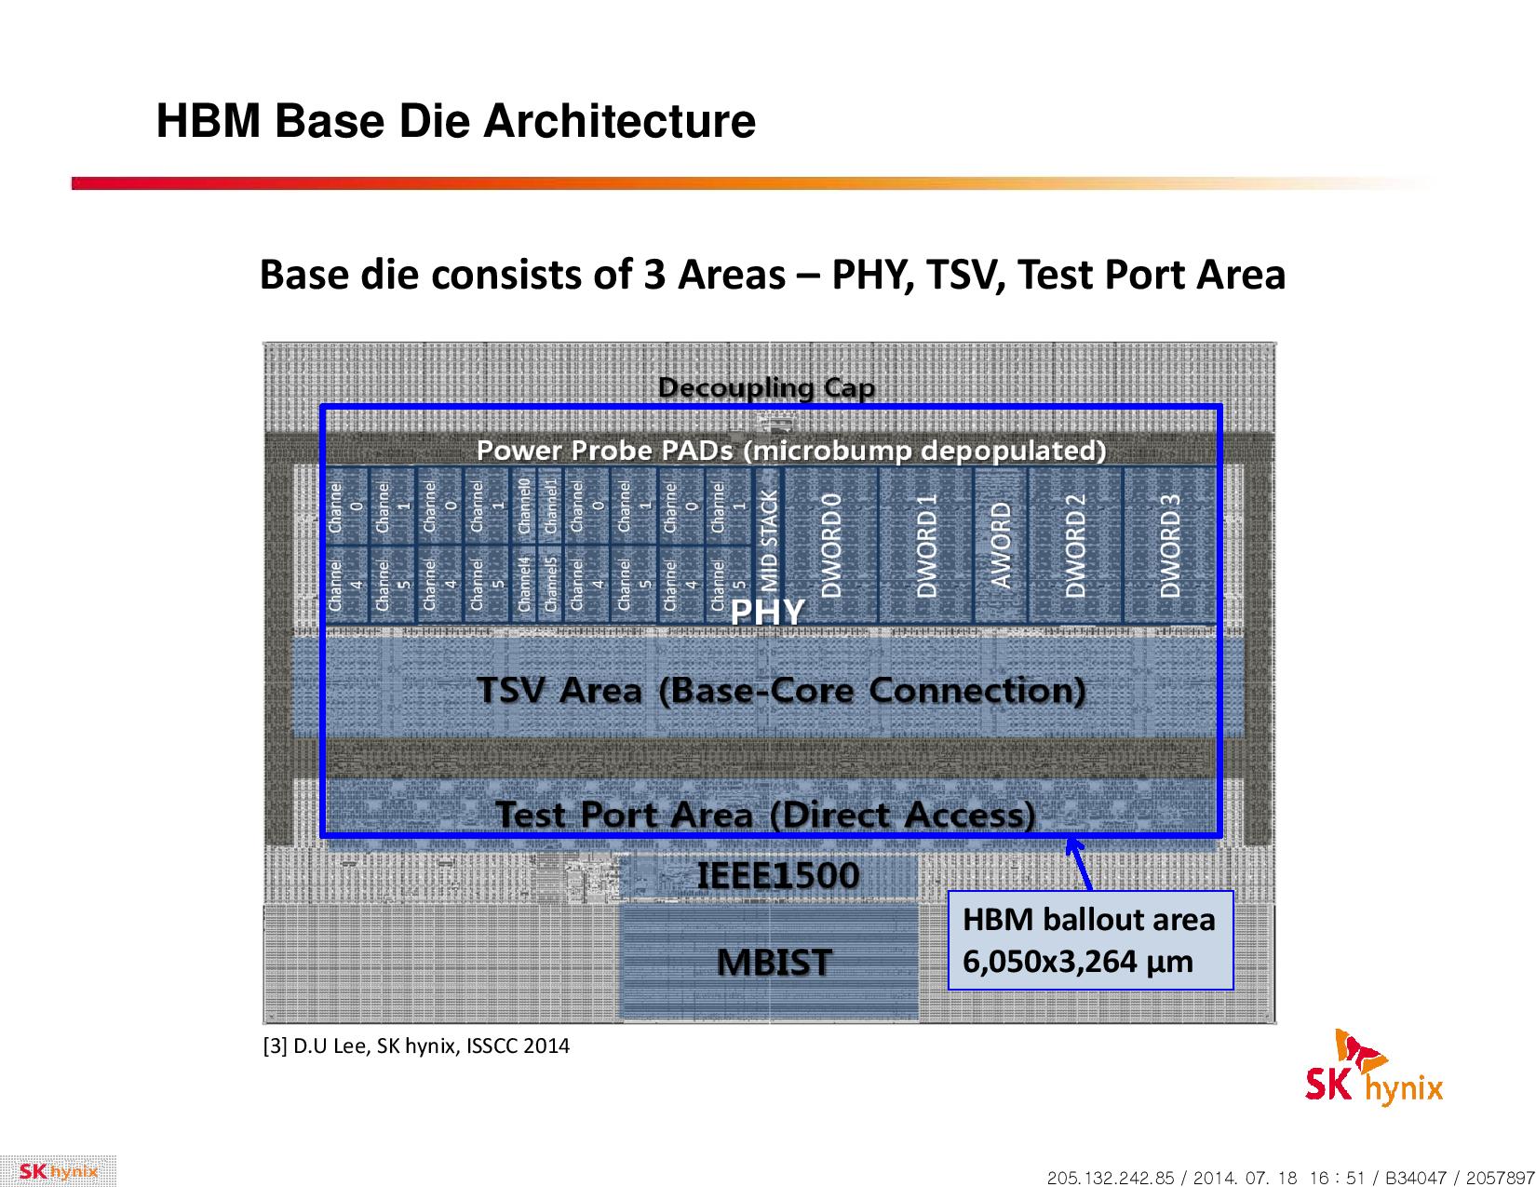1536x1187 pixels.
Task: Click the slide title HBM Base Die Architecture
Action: [x=456, y=121]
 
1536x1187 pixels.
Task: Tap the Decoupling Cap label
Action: [x=766, y=388]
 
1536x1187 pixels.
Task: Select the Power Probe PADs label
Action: [x=791, y=451]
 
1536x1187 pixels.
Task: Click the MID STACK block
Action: [x=768, y=545]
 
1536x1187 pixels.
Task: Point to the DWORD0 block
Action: [x=830, y=545]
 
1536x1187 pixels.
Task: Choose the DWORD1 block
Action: [x=926, y=545]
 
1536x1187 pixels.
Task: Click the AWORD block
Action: [x=1001, y=545]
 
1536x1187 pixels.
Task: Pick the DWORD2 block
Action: [x=1075, y=545]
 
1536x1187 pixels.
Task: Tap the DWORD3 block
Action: [x=1170, y=545]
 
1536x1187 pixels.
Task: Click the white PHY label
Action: [x=767, y=612]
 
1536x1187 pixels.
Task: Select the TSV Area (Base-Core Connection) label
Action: [x=781, y=691]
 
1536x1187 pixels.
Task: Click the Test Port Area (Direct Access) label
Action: [x=765, y=815]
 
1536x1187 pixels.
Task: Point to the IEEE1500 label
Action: [x=778, y=875]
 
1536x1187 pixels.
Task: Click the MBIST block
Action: [x=768, y=963]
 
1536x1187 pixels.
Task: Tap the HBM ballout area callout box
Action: [x=1090, y=940]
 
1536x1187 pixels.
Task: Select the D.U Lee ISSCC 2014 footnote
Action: [x=416, y=1045]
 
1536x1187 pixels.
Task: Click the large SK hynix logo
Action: [x=1373, y=1070]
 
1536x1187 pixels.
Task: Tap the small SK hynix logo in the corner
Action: [x=58, y=1171]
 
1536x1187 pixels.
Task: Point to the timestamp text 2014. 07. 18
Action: [x=1245, y=1177]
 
